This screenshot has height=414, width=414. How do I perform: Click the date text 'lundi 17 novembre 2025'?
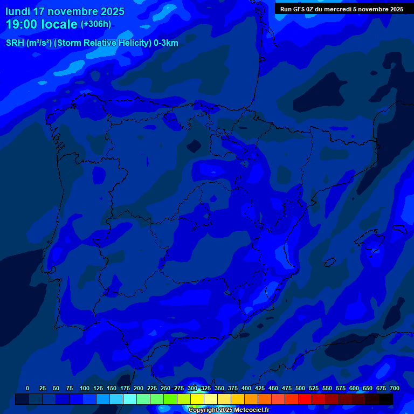point(65,11)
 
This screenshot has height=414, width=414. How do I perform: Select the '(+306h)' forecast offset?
point(95,24)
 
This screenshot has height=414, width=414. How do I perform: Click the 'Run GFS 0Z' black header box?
point(342,9)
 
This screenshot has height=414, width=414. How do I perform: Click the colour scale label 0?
point(27,388)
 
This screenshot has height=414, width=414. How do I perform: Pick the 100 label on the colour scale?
point(85,388)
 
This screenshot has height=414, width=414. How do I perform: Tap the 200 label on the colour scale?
point(139,388)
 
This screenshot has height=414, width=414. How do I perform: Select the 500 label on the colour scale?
point(300,388)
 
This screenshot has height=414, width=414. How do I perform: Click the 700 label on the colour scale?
point(395,388)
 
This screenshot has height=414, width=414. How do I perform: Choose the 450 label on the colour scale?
point(273,388)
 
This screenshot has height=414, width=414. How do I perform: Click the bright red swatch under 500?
point(305,399)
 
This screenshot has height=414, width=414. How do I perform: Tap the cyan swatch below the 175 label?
point(130,399)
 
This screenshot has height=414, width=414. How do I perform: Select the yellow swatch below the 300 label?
point(197,399)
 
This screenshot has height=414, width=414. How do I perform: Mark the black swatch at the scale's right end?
point(386,399)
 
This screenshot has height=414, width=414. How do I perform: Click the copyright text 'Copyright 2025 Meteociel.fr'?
point(229,410)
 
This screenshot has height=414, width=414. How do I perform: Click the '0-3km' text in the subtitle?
point(165,43)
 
